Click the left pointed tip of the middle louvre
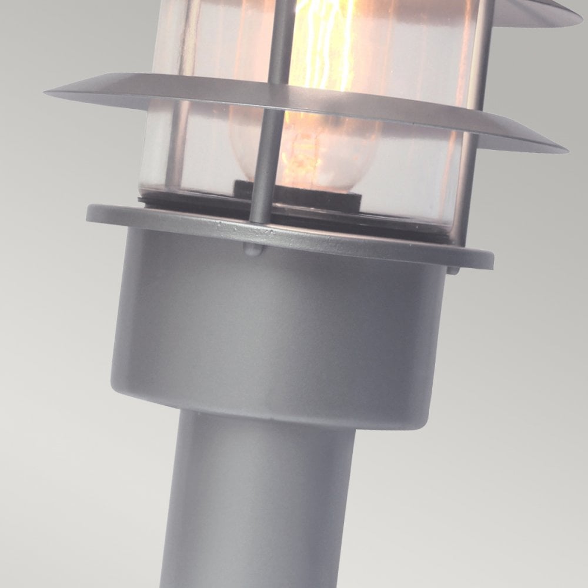pyautogui.click(x=48, y=92)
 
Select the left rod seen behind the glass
pyautogui.click(x=176, y=141)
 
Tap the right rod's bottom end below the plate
pyautogui.click(x=453, y=270)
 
